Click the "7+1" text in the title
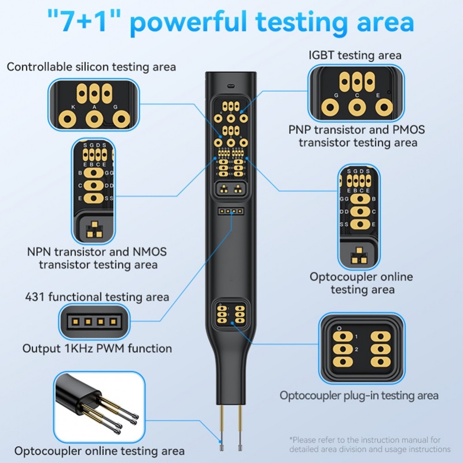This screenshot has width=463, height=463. click(x=88, y=22)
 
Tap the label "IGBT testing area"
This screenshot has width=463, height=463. click(x=355, y=55)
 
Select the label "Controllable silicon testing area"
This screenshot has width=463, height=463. click(x=91, y=67)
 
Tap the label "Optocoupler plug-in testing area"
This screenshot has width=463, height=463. click(x=359, y=395)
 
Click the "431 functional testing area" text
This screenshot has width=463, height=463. click(x=97, y=296)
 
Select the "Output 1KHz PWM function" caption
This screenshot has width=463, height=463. click(x=97, y=348)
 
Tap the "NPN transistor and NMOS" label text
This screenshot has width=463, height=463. click(x=96, y=252)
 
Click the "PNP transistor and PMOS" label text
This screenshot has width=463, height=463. click(x=357, y=130)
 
